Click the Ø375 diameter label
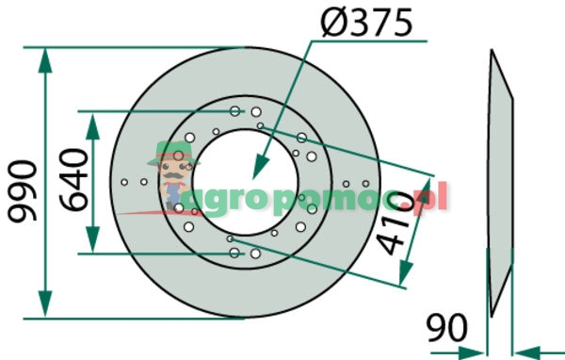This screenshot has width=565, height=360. click(366, 23)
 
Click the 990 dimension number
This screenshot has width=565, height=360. click(23, 191)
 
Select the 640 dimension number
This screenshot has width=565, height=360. click(73, 180)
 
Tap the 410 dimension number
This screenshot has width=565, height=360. click(395, 223)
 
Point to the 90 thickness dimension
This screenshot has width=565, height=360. click(446, 328)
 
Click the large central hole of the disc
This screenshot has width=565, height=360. click(246, 182)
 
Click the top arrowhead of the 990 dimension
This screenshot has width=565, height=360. click(45, 60)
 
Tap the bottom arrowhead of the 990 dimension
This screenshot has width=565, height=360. click(45, 303)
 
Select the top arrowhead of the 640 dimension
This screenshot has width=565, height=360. click(92, 126)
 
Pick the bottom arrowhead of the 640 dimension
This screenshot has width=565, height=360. click(92, 239)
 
